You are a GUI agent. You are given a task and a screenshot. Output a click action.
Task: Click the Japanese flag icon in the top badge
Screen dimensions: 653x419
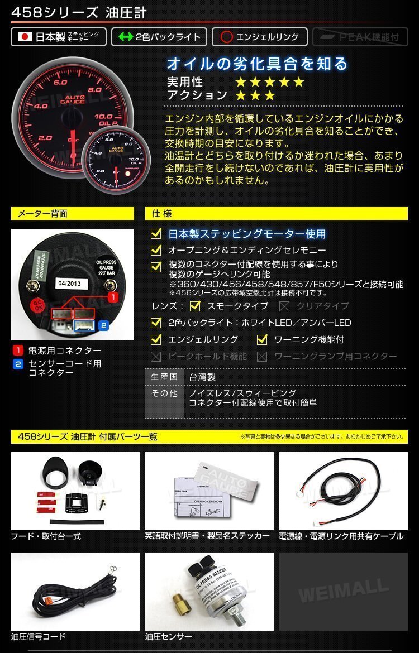coord(25,37)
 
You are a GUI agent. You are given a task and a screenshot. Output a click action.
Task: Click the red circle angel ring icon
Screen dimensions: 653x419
coord(226,37)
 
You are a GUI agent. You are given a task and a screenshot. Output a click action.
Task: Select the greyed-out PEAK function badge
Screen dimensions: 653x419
coord(360,37)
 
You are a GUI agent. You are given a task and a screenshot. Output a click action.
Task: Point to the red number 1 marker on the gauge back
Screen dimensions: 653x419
coord(112,297)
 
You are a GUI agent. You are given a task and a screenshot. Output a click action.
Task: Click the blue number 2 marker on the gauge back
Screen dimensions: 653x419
coord(103,325)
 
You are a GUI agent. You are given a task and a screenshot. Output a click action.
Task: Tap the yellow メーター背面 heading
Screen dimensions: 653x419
coord(73,214)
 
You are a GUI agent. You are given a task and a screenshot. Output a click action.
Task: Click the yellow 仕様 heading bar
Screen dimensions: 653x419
coord(276,214)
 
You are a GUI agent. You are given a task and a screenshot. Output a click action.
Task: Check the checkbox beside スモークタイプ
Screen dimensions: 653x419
coord(195,306)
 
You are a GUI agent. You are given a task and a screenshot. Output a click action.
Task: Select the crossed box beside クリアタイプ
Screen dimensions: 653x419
coord(284,306)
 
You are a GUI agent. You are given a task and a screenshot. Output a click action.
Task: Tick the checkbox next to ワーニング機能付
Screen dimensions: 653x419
coord(262,339)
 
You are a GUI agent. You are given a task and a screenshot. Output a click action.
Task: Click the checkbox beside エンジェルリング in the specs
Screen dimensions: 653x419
coord(156,339)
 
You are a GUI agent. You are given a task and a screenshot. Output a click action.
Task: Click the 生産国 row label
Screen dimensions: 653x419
coord(164,377)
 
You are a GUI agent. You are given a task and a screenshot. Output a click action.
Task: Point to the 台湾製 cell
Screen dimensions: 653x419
coord(202,377)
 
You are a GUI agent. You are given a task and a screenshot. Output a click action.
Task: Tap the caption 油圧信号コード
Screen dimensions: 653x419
coord(39,637)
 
